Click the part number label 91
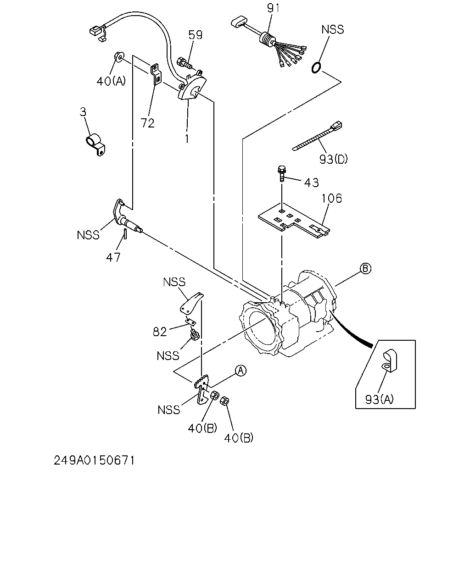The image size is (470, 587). [x=273, y=8]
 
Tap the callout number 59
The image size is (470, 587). [x=195, y=35]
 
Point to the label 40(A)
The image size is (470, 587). [x=111, y=81]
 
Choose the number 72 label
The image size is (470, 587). [x=147, y=123]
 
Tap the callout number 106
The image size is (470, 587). [x=331, y=198]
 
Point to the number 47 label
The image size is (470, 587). [x=113, y=257]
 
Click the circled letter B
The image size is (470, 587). [x=365, y=268]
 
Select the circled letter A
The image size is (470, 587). [x=241, y=371]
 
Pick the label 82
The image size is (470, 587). [x=160, y=332]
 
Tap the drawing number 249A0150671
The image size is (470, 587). [x=94, y=461]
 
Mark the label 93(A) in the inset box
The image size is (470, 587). [x=380, y=399]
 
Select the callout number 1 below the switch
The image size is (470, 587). [x=187, y=139]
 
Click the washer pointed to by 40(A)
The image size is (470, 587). [x=119, y=56]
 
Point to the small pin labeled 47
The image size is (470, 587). [x=125, y=234]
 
